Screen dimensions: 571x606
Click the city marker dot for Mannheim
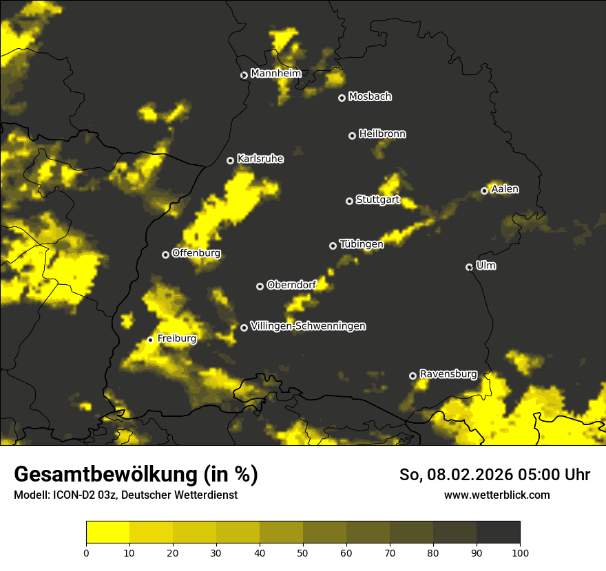pos(244,76)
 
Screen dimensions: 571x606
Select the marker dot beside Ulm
pos(470,267)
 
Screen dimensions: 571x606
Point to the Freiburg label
pos(177,338)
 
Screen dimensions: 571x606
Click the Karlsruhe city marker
pos(231,160)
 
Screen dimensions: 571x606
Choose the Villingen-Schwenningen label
pos(308,326)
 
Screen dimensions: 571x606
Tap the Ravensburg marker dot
pos(413,376)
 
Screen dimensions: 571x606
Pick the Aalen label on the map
pos(505,189)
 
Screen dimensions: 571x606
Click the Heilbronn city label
pos(382,134)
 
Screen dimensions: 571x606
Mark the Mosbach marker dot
pos(342,98)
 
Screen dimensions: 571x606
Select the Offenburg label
pos(196,253)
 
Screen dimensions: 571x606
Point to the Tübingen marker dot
pos(333,246)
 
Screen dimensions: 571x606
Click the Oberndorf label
pos(291,285)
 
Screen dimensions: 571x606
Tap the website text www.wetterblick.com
pos(497,495)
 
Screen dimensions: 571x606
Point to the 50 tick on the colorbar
pos(303,552)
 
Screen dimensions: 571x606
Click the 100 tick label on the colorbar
pos(520,552)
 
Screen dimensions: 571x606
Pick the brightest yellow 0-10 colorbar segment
pos(107,532)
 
